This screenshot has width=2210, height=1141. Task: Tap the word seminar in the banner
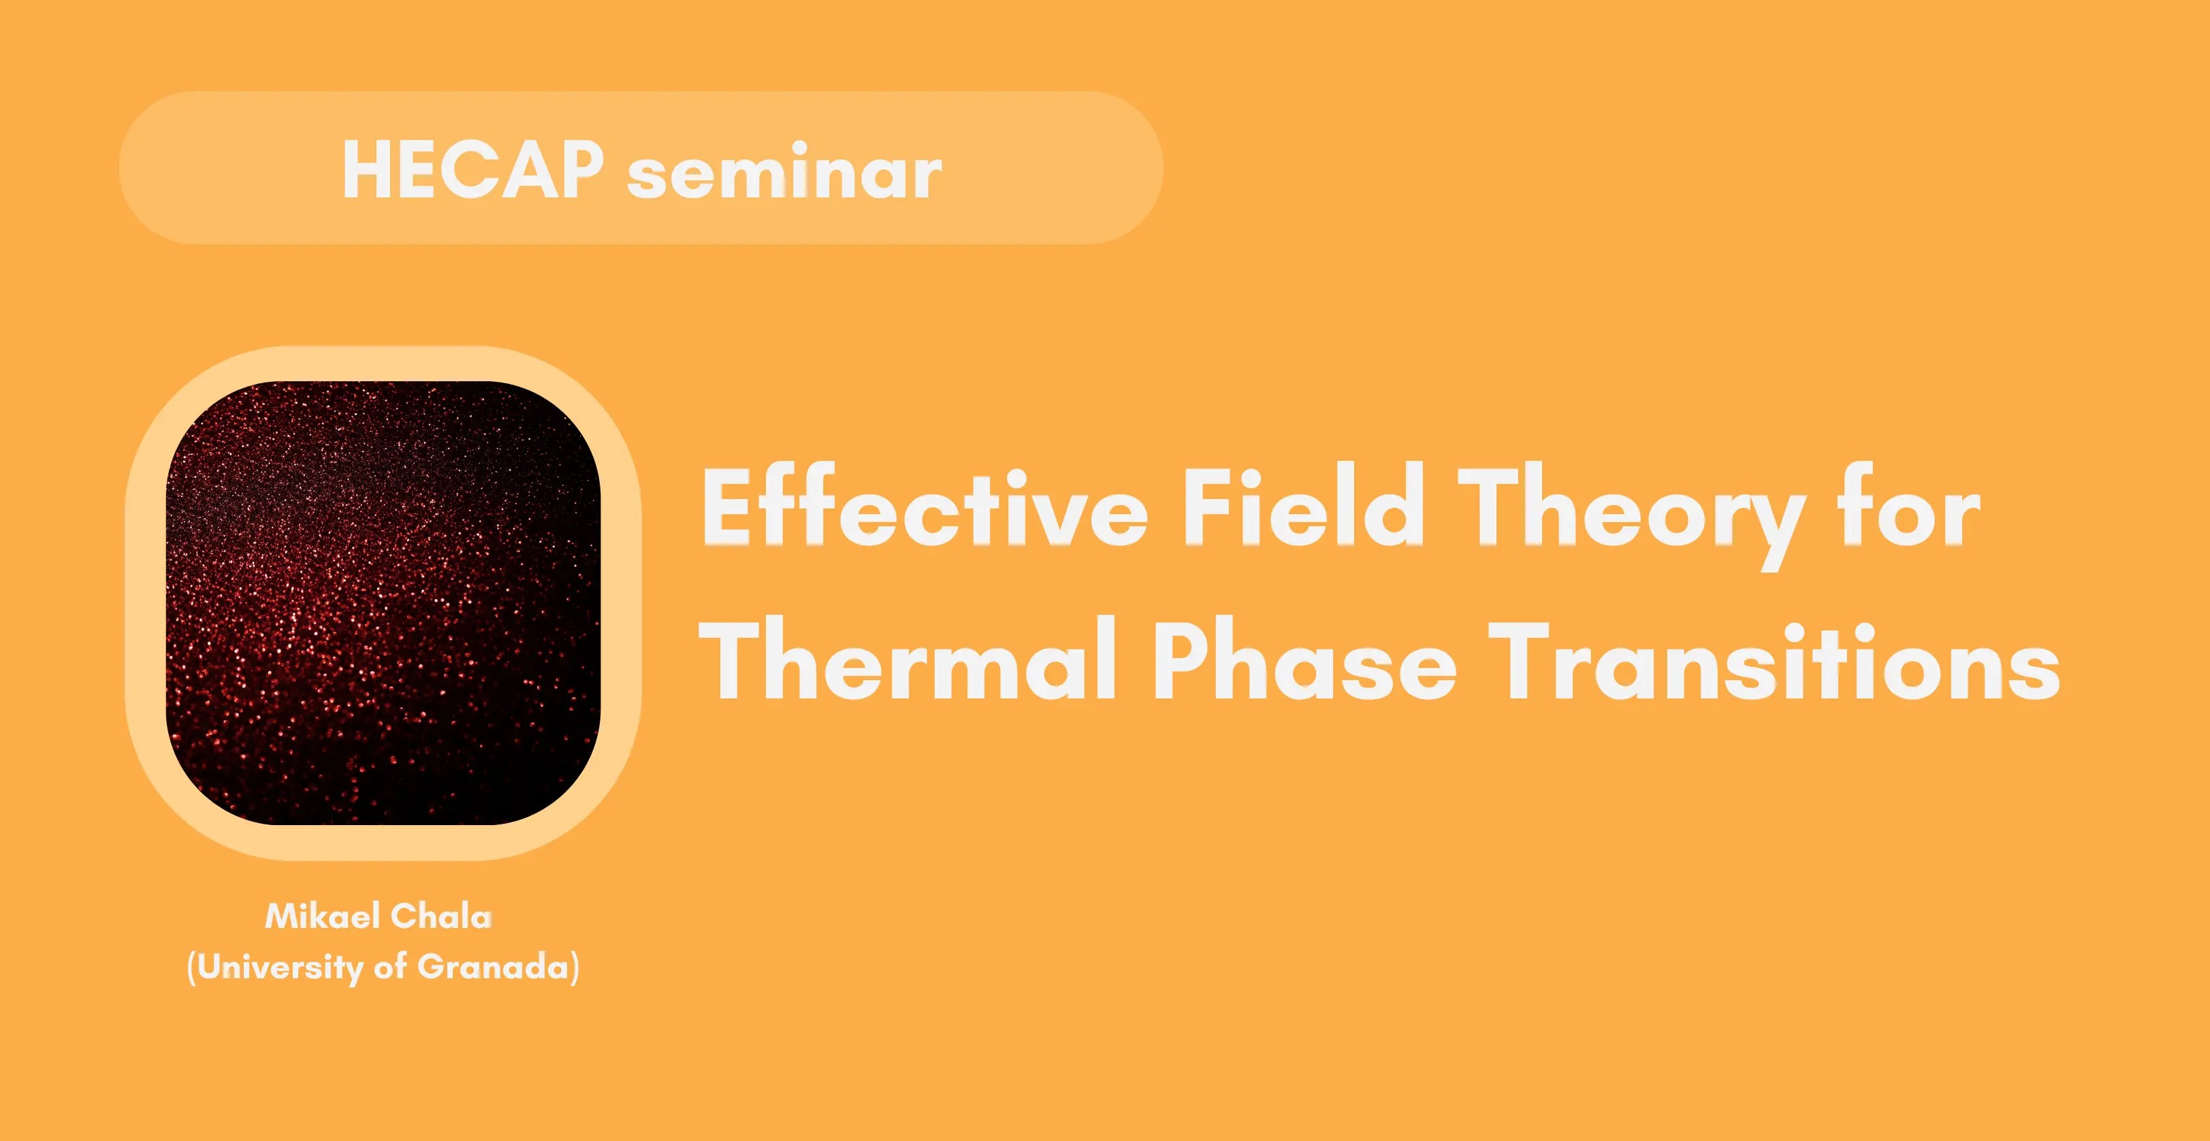(x=785, y=174)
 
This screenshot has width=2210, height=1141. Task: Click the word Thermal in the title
(x=908, y=659)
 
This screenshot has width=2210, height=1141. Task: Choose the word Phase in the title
(x=1303, y=659)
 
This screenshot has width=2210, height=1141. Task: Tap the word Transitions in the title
(x=1774, y=659)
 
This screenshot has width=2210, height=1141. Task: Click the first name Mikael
(x=323, y=916)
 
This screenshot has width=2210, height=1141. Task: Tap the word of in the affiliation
(x=390, y=967)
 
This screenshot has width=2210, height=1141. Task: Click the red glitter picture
(x=383, y=603)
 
